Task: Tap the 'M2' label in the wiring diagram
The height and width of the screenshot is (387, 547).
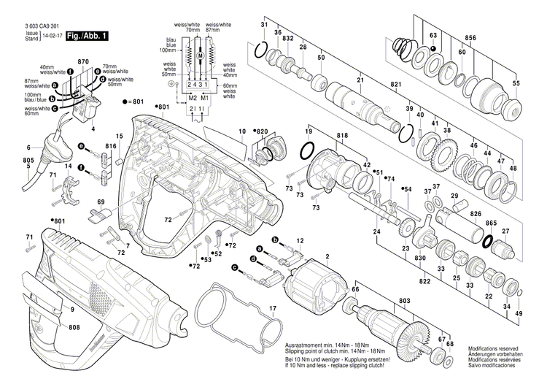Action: point(193,97)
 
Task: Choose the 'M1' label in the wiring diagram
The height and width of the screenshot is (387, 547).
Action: point(206,97)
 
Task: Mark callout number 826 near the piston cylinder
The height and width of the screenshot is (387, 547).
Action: point(475,214)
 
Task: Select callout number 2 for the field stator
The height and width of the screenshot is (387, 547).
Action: point(327,256)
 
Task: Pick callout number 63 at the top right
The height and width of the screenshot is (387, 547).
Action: point(432,35)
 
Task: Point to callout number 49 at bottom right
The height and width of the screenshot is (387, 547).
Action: point(519,313)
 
